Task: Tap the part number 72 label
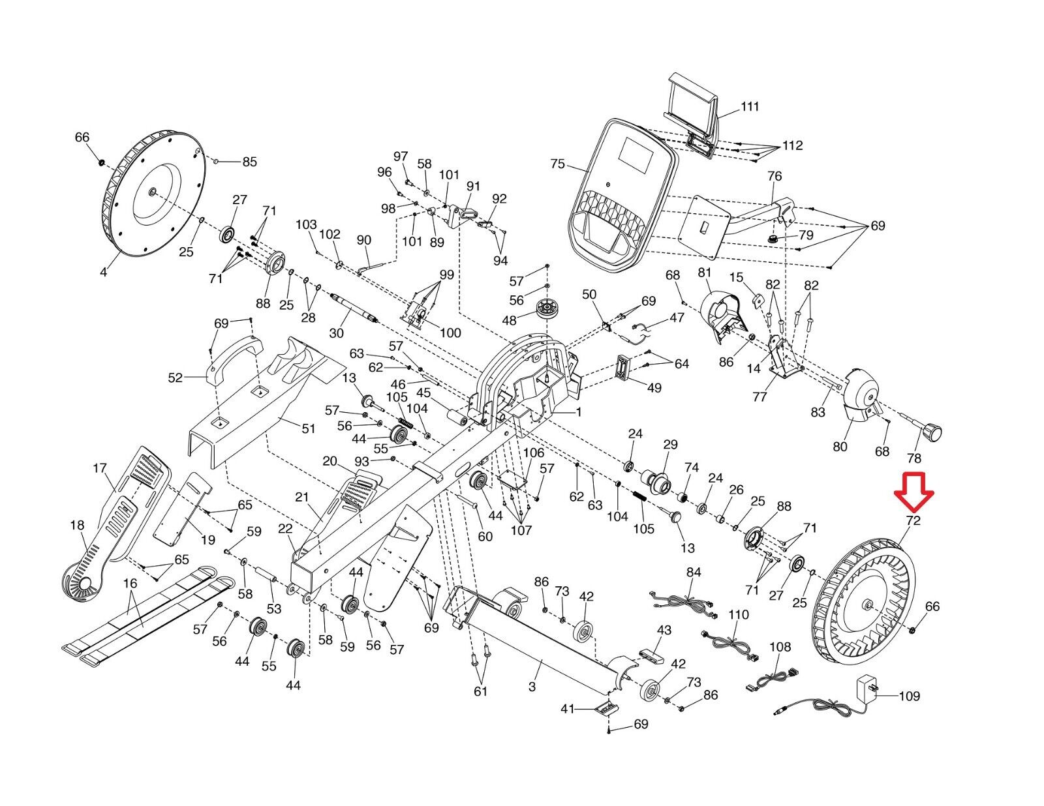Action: [912, 520]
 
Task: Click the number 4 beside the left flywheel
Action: [103, 271]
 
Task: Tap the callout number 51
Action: [308, 428]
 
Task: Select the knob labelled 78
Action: [931, 430]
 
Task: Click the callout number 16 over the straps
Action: [130, 583]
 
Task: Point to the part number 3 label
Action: [532, 686]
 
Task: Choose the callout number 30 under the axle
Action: [336, 333]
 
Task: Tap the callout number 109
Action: [909, 696]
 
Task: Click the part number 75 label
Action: [557, 164]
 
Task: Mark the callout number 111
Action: [750, 106]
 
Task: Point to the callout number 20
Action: [330, 462]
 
